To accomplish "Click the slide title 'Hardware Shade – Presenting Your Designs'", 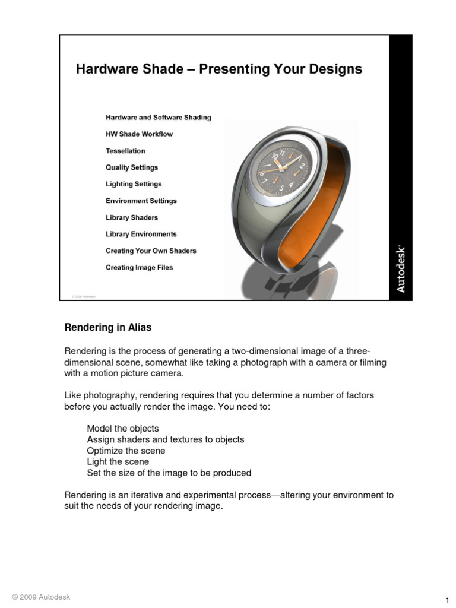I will pyautogui.click(x=218, y=69).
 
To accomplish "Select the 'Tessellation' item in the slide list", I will pyautogui.click(x=125, y=151).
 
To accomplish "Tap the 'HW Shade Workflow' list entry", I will pyautogui.click(x=139, y=134).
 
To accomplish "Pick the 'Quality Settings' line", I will pyautogui.click(x=132, y=167).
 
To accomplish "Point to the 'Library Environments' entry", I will pyautogui.click(x=141, y=234).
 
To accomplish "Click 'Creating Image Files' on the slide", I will pyautogui.click(x=140, y=267).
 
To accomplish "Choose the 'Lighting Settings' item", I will pyautogui.click(x=134, y=184).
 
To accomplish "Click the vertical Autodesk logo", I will pyautogui.click(x=401, y=267).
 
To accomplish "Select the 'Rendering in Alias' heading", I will pyautogui.click(x=108, y=327).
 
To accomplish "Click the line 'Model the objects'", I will pyautogui.click(x=123, y=428).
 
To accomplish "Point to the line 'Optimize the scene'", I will pyautogui.click(x=126, y=451).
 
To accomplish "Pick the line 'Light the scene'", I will pyautogui.click(x=118, y=461).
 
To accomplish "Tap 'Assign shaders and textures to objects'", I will pyautogui.click(x=166, y=439).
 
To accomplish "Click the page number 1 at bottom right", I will pyautogui.click(x=446, y=600).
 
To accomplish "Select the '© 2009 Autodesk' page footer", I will pyautogui.click(x=40, y=597).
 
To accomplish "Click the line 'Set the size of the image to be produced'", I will pyautogui.click(x=169, y=473).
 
